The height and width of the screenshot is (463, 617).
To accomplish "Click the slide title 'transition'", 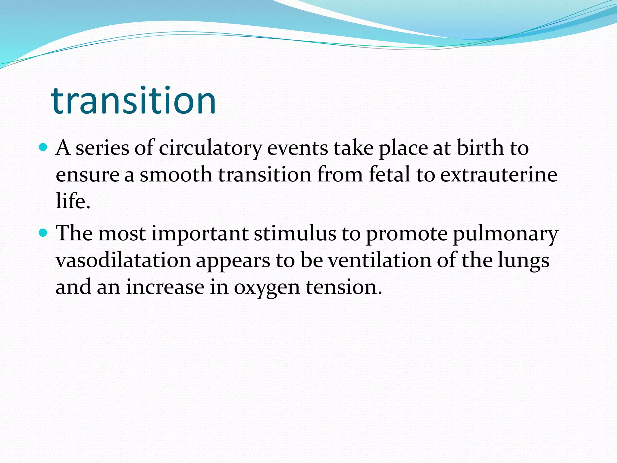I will pos(133,100).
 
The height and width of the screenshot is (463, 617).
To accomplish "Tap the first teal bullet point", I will pos(43,147).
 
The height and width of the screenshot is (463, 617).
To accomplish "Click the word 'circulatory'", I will pos(210,148).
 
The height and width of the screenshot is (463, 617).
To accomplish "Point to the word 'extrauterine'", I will pos(499,175).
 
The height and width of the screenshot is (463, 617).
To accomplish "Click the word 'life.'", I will pos(73,201).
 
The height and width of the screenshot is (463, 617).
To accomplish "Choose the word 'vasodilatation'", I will pos(123,260).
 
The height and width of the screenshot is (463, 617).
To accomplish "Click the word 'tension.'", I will pos(344,287).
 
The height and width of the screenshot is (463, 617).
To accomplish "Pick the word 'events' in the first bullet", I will pos(297,148).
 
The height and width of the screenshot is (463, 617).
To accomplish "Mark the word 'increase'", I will pos(165,287).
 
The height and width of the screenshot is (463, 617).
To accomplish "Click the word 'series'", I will pos(102,148).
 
